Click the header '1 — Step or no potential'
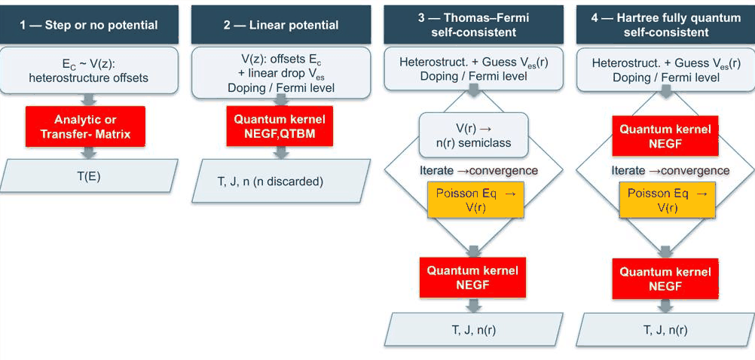pyautogui.click(x=89, y=25)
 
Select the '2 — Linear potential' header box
pyautogui.click(x=281, y=25)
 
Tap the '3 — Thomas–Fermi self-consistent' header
pyautogui.click(x=473, y=25)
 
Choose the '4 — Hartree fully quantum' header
pyautogui.click(x=666, y=25)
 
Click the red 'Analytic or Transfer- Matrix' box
pyautogui.click(x=85, y=127)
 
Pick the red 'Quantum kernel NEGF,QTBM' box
pyautogui.click(x=280, y=126)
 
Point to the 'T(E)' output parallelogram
pyautogui.click(x=89, y=175)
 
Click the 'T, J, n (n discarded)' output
pyautogui.click(x=281, y=181)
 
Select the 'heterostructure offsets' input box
pyautogui.click(x=89, y=71)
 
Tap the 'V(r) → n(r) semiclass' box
pyautogui.click(x=473, y=136)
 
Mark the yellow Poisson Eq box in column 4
pyautogui.click(x=666, y=200)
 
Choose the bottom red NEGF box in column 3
pyautogui.click(x=473, y=278)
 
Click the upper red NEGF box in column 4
pyautogui.click(x=665, y=136)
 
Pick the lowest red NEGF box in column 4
pyautogui.click(x=665, y=279)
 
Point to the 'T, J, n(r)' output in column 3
pyautogui.click(x=473, y=329)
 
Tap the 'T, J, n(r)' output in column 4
pyautogui.click(x=665, y=329)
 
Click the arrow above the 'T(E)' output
pyautogui.click(x=89, y=152)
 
